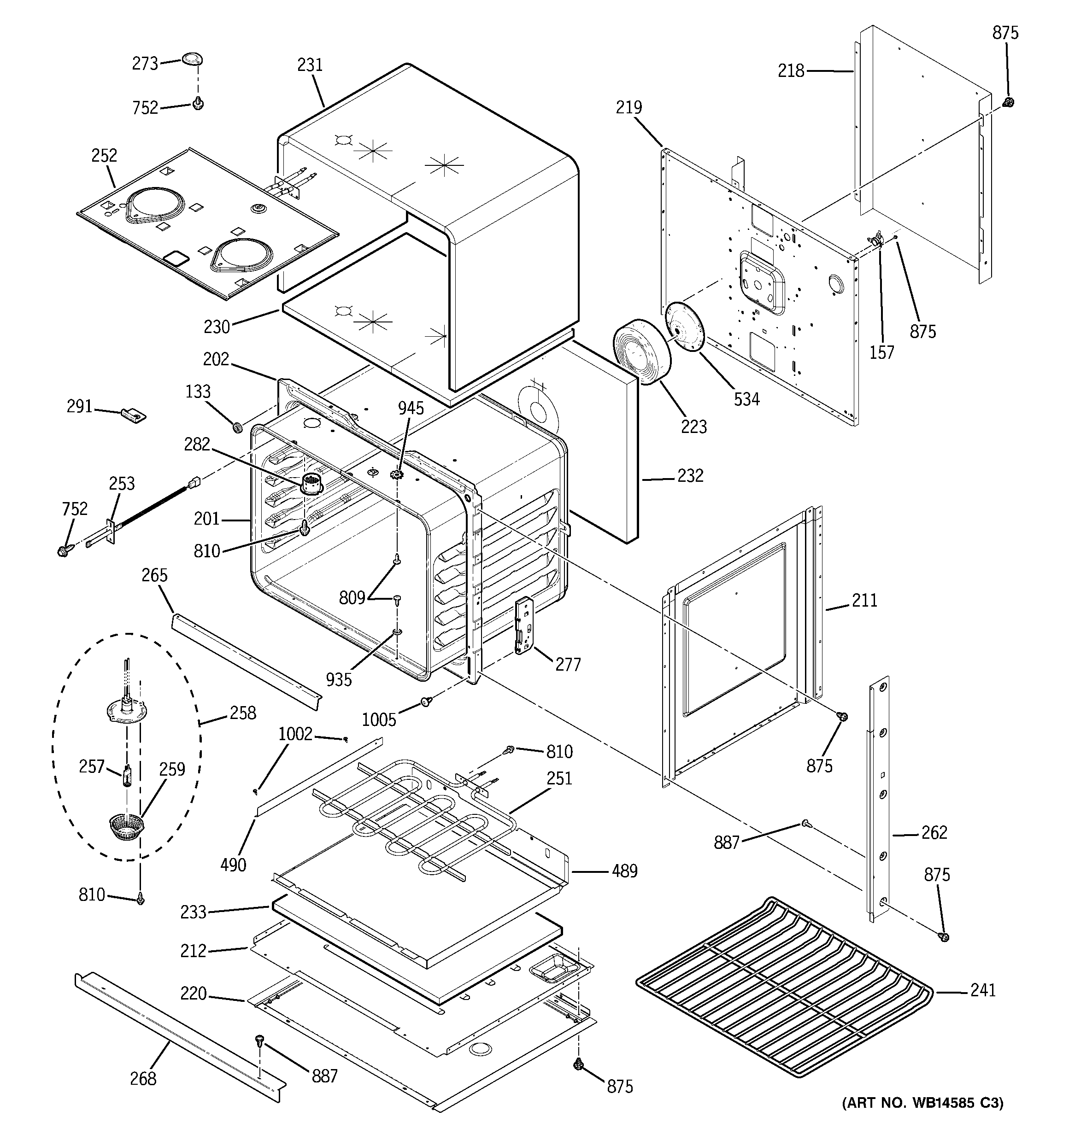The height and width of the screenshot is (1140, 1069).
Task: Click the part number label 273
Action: pyautogui.click(x=145, y=63)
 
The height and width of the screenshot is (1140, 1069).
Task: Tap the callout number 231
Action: pyautogui.click(x=310, y=65)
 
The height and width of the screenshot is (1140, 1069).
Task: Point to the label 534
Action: pyautogui.click(x=746, y=399)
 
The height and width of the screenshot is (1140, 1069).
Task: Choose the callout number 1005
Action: pyautogui.click(x=379, y=719)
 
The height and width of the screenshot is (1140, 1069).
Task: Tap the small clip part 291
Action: pyautogui.click(x=134, y=414)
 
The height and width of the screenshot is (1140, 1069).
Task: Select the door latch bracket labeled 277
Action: pyautogui.click(x=524, y=625)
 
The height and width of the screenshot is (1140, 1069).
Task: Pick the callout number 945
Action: pyautogui.click(x=411, y=408)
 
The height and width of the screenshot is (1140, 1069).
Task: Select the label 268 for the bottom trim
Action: pyautogui.click(x=143, y=1079)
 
